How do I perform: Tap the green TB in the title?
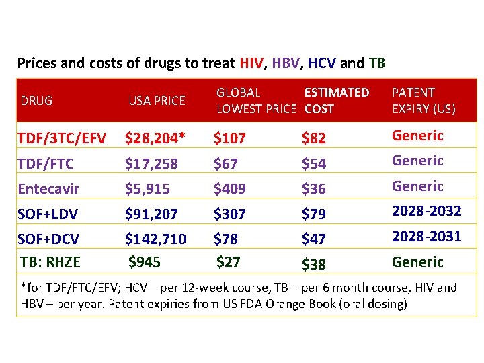[x=376, y=64]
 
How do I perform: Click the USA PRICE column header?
[x=157, y=101]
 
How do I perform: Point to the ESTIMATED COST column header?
[x=337, y=100]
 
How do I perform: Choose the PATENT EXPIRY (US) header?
[x=424, y=100]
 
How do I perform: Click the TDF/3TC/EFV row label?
[x=62, y=138]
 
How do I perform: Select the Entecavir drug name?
[x=48, y=189]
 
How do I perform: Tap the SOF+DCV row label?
[x=49, y=239]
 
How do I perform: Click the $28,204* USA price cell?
[x=155, y=138]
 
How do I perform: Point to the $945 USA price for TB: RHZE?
[x=144, y=260]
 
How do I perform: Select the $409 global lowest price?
[x=229, y=189]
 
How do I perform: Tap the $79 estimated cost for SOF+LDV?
[x=314, y=214]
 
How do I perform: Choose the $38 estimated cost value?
[x=314, y=264]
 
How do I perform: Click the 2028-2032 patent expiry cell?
[x=426, y=211]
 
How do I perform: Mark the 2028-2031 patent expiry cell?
[x=426, y=236]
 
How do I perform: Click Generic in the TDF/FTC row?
[x=417, y=161]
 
